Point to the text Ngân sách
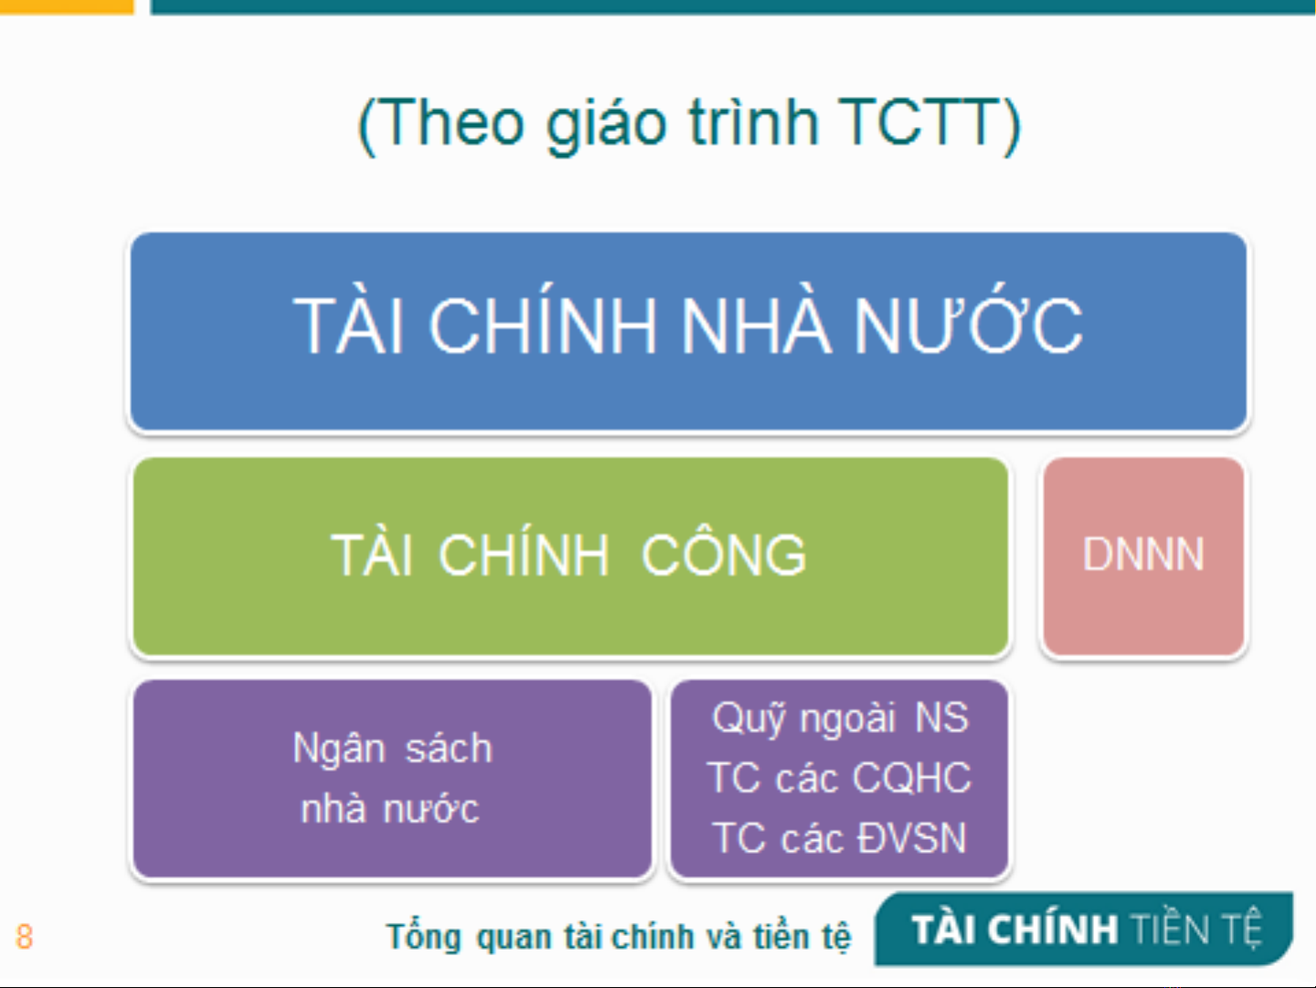tap(392, 748)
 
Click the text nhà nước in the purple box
tap(390, 808)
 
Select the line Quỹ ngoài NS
tap(839, 717)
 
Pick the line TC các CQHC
tap(838, 778)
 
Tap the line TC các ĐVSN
tap(839, 837)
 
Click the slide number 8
tap(25, 937)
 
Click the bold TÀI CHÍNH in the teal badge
tap(1015, 929)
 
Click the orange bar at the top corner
tap(67, 6)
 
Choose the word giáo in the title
tap(606, 125)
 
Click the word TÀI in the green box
tap(373, 553)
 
